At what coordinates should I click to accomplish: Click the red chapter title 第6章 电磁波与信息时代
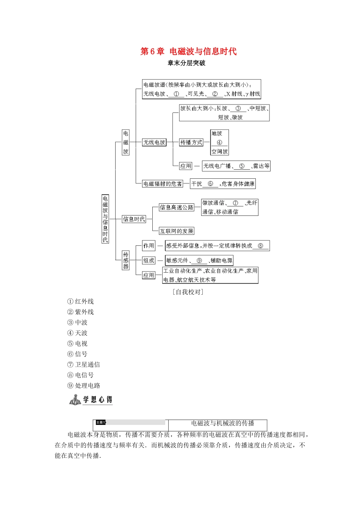click(x=188, y=52)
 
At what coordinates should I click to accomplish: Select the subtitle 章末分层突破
click(x=186, y=63)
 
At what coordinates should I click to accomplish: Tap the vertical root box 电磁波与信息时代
click(x=105, y=219)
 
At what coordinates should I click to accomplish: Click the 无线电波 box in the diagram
click(x=154, y=142)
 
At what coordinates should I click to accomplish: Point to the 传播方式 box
click(x=191, y=142)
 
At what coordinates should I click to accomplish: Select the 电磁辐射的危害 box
click(x=163, y=184)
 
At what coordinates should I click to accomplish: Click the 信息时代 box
click(x=134, y=219)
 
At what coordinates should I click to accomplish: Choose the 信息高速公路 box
click(x=177, y=207)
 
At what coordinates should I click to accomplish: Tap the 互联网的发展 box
click(x=177, y=231)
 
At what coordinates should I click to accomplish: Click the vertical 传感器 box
click(x=126, y=260)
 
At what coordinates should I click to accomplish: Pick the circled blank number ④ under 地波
click(x=219, y=143)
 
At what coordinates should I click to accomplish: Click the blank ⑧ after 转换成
click(x=260, y=246)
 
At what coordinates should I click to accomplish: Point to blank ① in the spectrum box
click(x=176, y=94)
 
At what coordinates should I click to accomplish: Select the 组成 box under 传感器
click(x=149, y=261)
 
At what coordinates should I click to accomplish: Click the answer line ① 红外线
click(x=80, y=301)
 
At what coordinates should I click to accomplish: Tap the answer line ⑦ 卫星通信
click(x=83, y=365)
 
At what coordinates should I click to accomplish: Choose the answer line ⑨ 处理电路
click(x=84, y=386)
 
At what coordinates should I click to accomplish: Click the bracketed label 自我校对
click(x=188, y=292)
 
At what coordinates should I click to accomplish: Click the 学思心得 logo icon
click(x=75, y=400)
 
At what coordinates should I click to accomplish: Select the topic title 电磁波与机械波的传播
click(x=222, y=423)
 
